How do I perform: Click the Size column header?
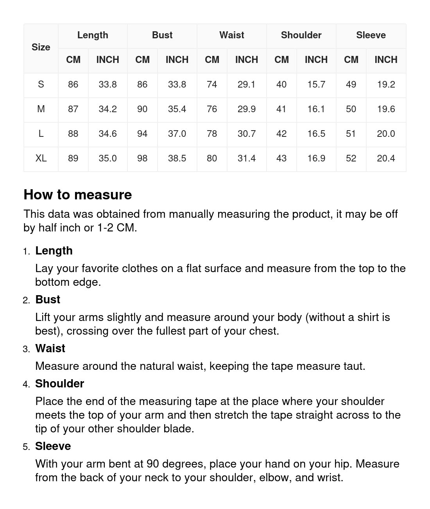coord(41,47)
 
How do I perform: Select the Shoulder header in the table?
coord(301,35)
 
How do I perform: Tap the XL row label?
coord(41,158)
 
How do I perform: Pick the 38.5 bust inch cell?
coord(177,158)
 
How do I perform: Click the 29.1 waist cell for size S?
coord(246,84)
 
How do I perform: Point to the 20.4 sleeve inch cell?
coord(386,158)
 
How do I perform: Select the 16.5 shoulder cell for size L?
coord(316,134)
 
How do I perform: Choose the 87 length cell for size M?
coord(73,109)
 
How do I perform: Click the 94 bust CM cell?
coord(142,134)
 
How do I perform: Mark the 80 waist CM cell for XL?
coord(212,158)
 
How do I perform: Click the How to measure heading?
coord(78,195)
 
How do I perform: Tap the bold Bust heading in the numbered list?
coord(48,299)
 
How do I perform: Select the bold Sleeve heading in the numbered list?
coord(53,446)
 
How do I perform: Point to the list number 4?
coord(26,384)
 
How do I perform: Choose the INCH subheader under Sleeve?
coord(386,60)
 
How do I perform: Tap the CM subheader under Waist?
coord(212,60)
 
